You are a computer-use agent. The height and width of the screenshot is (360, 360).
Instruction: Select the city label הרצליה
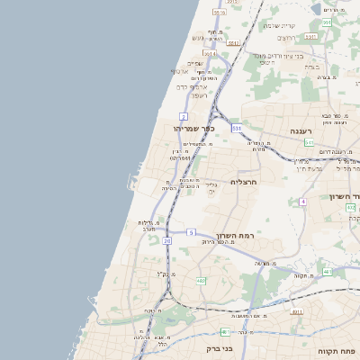[244, 181]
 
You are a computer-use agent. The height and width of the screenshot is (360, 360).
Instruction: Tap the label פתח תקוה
[337, 349]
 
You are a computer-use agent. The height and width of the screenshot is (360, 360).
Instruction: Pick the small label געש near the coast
[198, 38]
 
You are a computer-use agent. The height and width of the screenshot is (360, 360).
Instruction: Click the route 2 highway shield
[184, 116]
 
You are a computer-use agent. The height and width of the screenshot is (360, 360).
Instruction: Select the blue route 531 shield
[236, 129]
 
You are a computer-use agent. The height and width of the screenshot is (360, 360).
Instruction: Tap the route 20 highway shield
[167, 241]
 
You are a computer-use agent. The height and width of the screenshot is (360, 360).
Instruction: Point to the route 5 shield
[191, 232]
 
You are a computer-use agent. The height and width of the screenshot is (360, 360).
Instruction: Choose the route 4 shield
[303, 202]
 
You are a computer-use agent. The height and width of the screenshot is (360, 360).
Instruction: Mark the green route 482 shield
[200, 281]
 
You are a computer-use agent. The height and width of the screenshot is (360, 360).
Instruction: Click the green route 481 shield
[327, 272]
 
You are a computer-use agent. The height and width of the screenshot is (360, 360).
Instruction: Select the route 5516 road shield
[219, 12]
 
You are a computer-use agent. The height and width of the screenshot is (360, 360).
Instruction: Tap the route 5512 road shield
[233, 42]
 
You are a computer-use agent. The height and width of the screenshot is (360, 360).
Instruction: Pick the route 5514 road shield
[209, 54]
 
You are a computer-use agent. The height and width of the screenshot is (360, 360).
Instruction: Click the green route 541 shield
[309, 142]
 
